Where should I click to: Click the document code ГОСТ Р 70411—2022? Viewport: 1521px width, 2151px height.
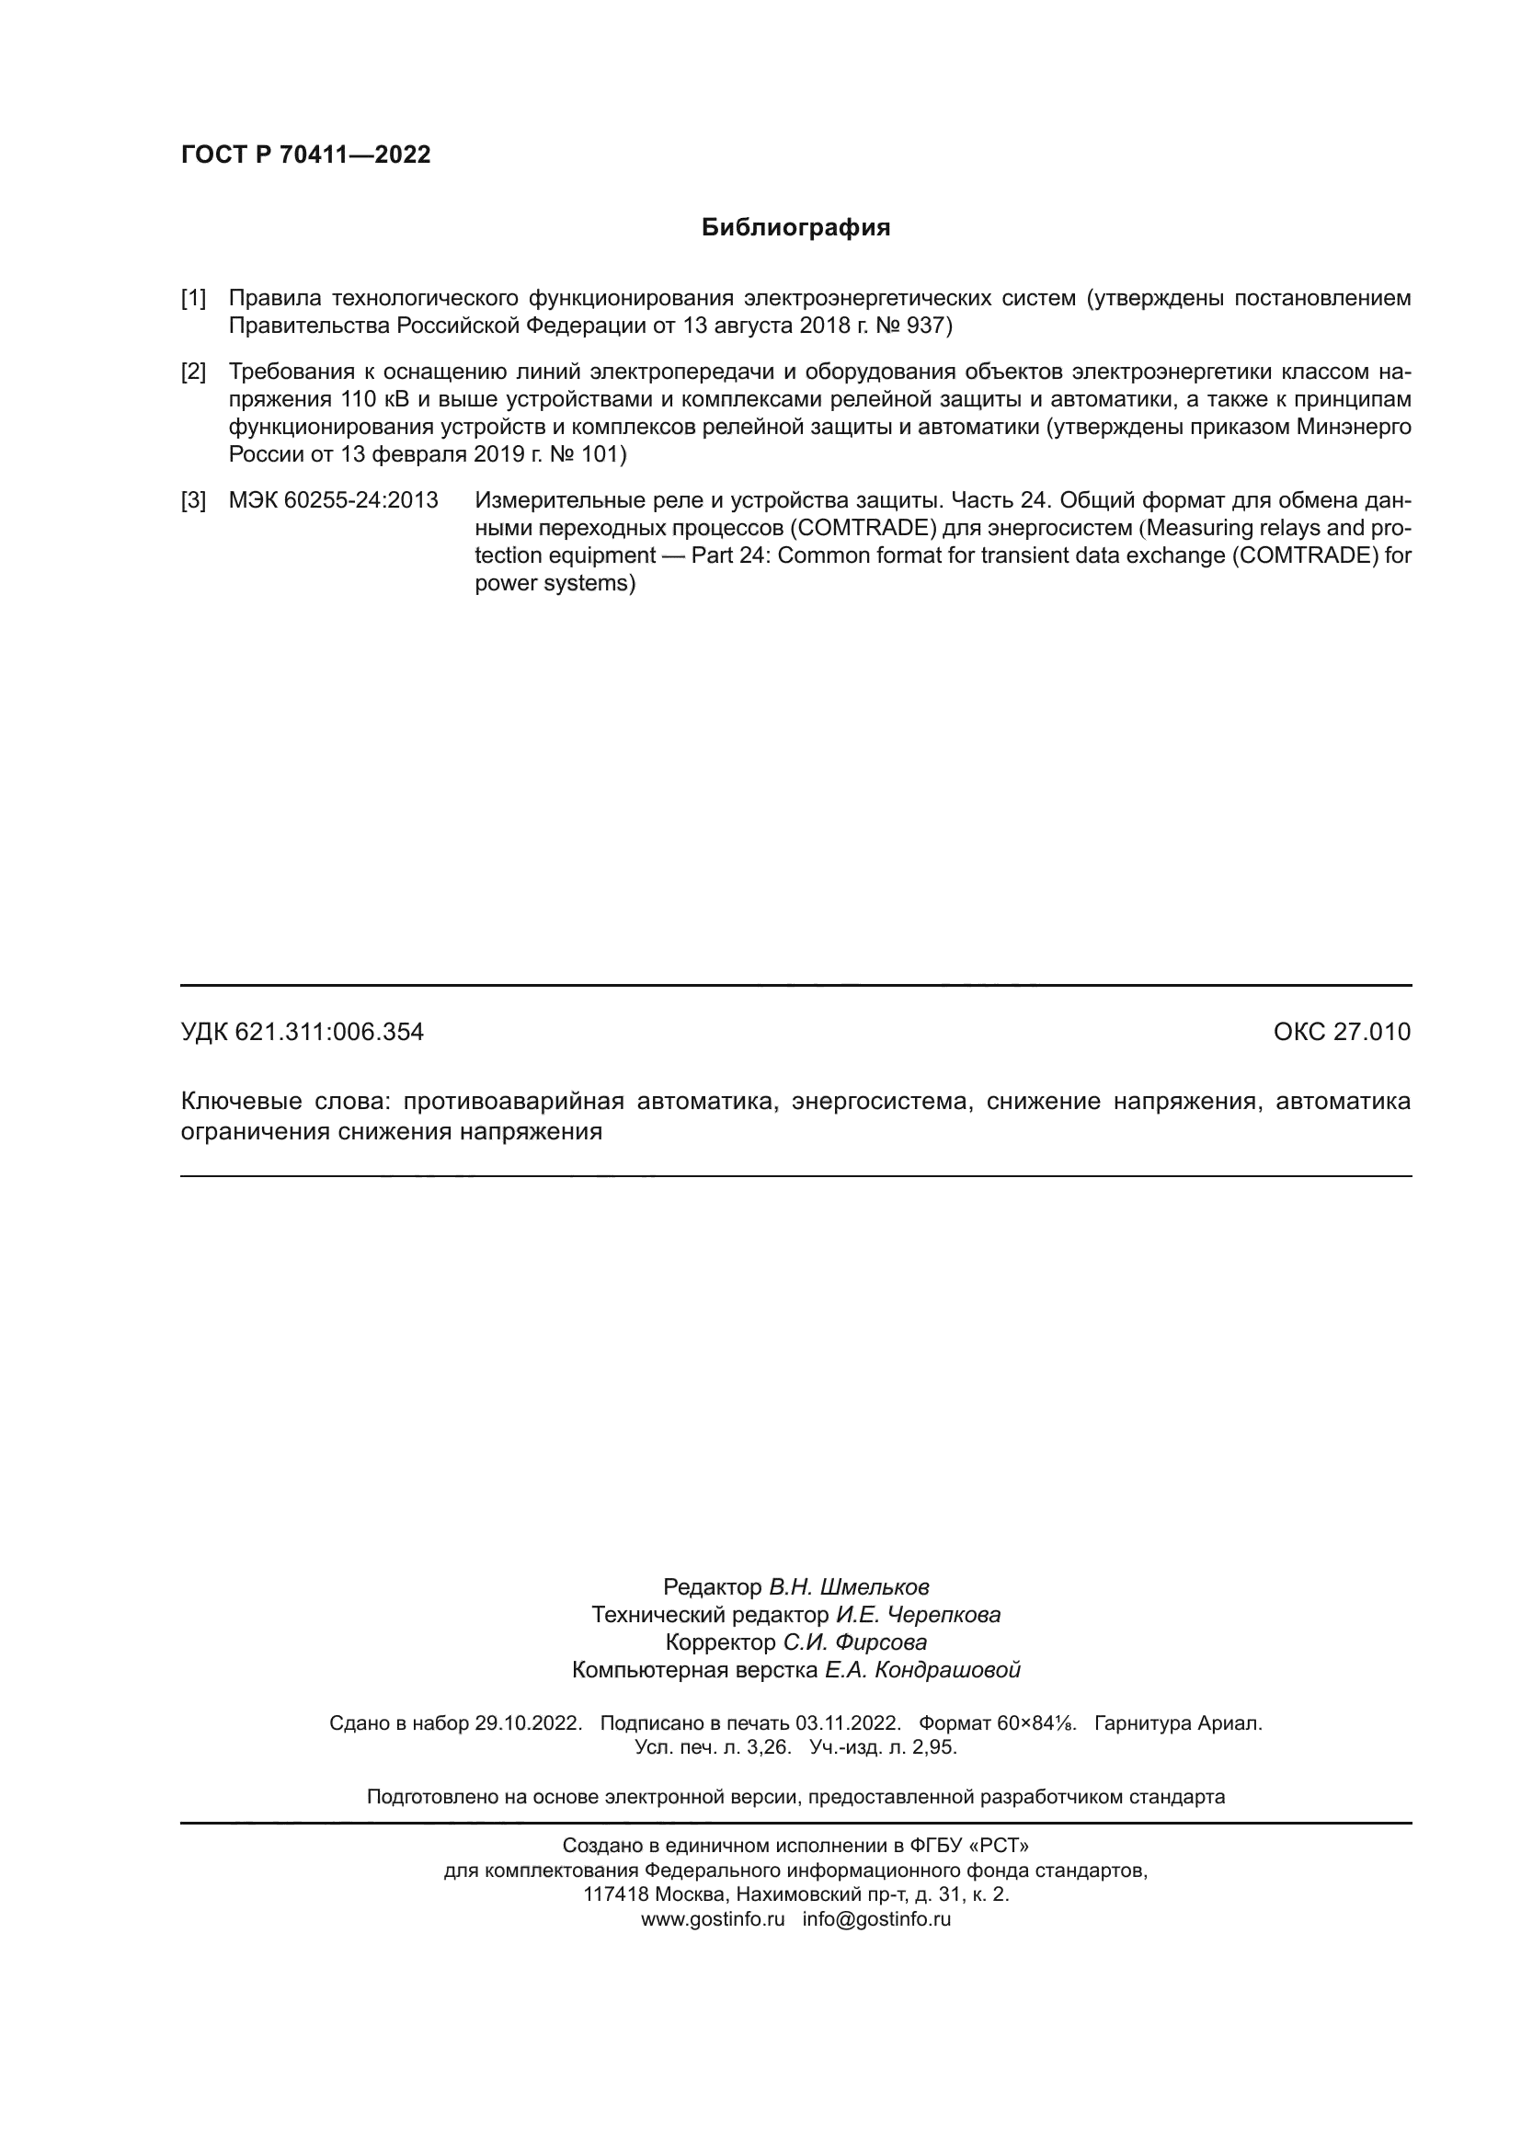305,154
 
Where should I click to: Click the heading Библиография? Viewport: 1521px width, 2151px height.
795,228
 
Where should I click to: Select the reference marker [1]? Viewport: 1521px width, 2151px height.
193,299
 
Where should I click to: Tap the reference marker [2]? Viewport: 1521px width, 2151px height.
193,372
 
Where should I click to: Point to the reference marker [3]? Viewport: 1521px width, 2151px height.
193,500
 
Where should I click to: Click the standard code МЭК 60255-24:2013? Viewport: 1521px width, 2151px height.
334,500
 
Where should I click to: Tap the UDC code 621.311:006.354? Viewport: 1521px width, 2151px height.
328,1032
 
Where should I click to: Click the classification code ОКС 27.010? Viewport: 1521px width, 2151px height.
1341,1032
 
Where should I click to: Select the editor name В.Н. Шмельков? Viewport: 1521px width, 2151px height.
849,1587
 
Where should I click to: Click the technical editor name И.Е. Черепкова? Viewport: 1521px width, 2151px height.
918,1614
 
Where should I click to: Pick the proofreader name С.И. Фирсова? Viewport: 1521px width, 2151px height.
855,1642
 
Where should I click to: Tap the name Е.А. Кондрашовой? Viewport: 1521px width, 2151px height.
921,1669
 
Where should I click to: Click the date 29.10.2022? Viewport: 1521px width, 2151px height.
527,1722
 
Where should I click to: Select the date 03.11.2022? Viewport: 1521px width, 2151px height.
848,1722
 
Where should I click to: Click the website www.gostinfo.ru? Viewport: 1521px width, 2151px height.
713,1918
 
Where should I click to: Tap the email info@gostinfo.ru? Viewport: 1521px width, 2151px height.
876,1918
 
